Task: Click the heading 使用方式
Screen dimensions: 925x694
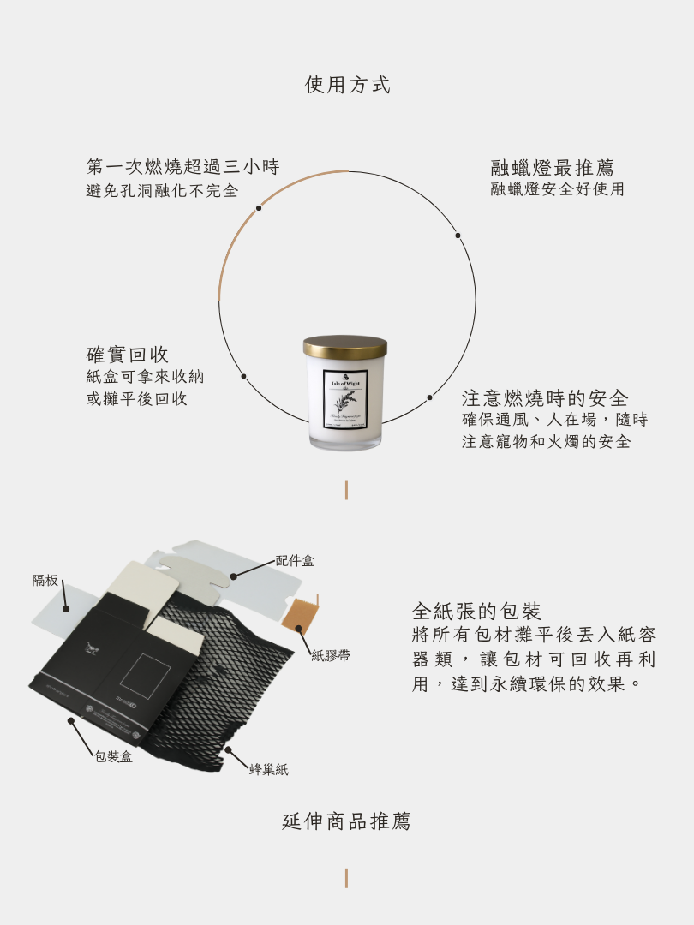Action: (347, 85)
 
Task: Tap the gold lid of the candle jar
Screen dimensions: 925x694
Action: (345, 348)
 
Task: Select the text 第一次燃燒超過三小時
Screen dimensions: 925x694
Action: (182, 166)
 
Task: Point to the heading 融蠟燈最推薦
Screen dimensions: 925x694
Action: (552, 168)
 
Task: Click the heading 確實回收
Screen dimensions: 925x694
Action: (128, 355)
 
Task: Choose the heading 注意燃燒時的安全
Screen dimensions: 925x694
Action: (545, 398)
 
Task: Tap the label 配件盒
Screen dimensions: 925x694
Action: (295, 561)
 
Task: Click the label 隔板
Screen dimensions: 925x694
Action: (45, 581)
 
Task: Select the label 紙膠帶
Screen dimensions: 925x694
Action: (330, 656)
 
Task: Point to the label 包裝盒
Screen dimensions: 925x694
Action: (113, 757)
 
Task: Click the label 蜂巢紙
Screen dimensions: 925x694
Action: (268, 770)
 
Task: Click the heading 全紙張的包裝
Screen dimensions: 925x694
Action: (476, 612)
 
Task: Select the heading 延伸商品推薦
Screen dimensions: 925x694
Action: (347, 821)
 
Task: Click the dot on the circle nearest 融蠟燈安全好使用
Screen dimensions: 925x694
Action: (458, 236)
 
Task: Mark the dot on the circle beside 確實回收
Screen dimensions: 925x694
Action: (243, 376)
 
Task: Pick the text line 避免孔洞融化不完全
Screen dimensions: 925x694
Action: (163, 191)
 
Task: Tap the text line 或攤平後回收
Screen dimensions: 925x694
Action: (136, 399)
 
